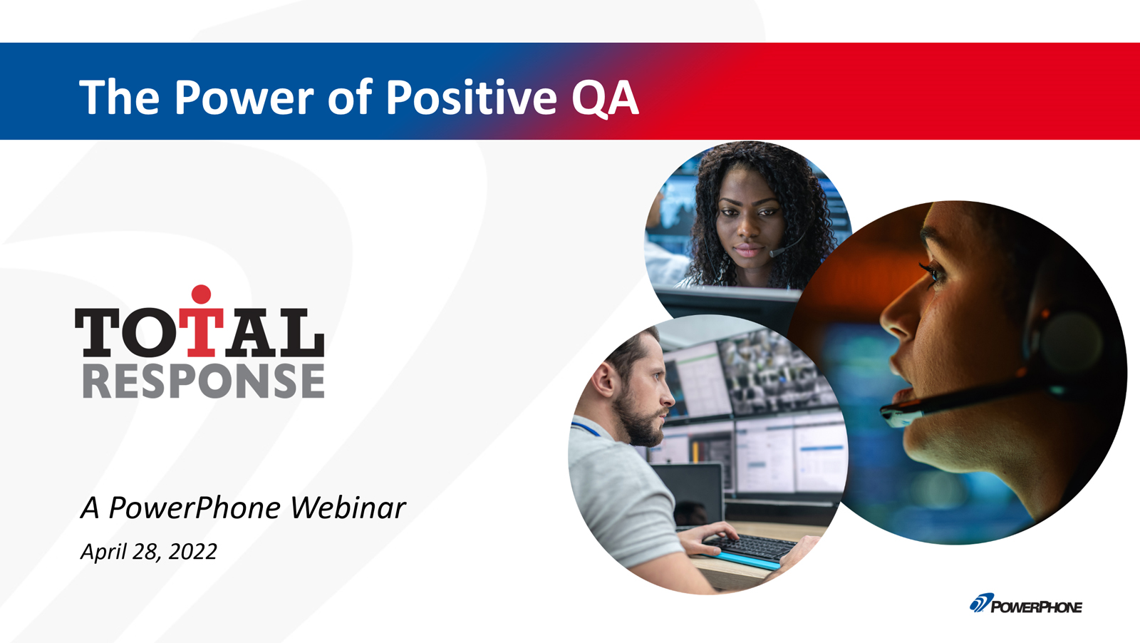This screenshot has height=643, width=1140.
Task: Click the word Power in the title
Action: click(x=244, y=97)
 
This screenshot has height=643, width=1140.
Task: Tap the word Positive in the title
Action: click(x=471, y=96)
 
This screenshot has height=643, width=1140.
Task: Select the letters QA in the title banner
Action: click(x=605, y=98)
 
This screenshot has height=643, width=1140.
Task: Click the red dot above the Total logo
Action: click(x=202, y=294)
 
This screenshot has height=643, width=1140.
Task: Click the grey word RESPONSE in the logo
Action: click(x=204, y=380)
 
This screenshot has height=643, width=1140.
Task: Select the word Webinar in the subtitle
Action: click(x=348, y=508)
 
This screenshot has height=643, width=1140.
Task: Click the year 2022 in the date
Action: click(x=193, y=551)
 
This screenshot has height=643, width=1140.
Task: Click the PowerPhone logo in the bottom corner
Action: click(x=1025, y=603)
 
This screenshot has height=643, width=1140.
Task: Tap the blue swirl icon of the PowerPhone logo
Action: click(x=980, y=602)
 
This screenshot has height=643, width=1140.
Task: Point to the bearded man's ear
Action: click(x=604, y=379)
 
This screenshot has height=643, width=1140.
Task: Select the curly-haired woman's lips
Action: click(x=747, y=250)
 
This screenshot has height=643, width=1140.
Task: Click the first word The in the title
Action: click(x=120, y=97)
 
